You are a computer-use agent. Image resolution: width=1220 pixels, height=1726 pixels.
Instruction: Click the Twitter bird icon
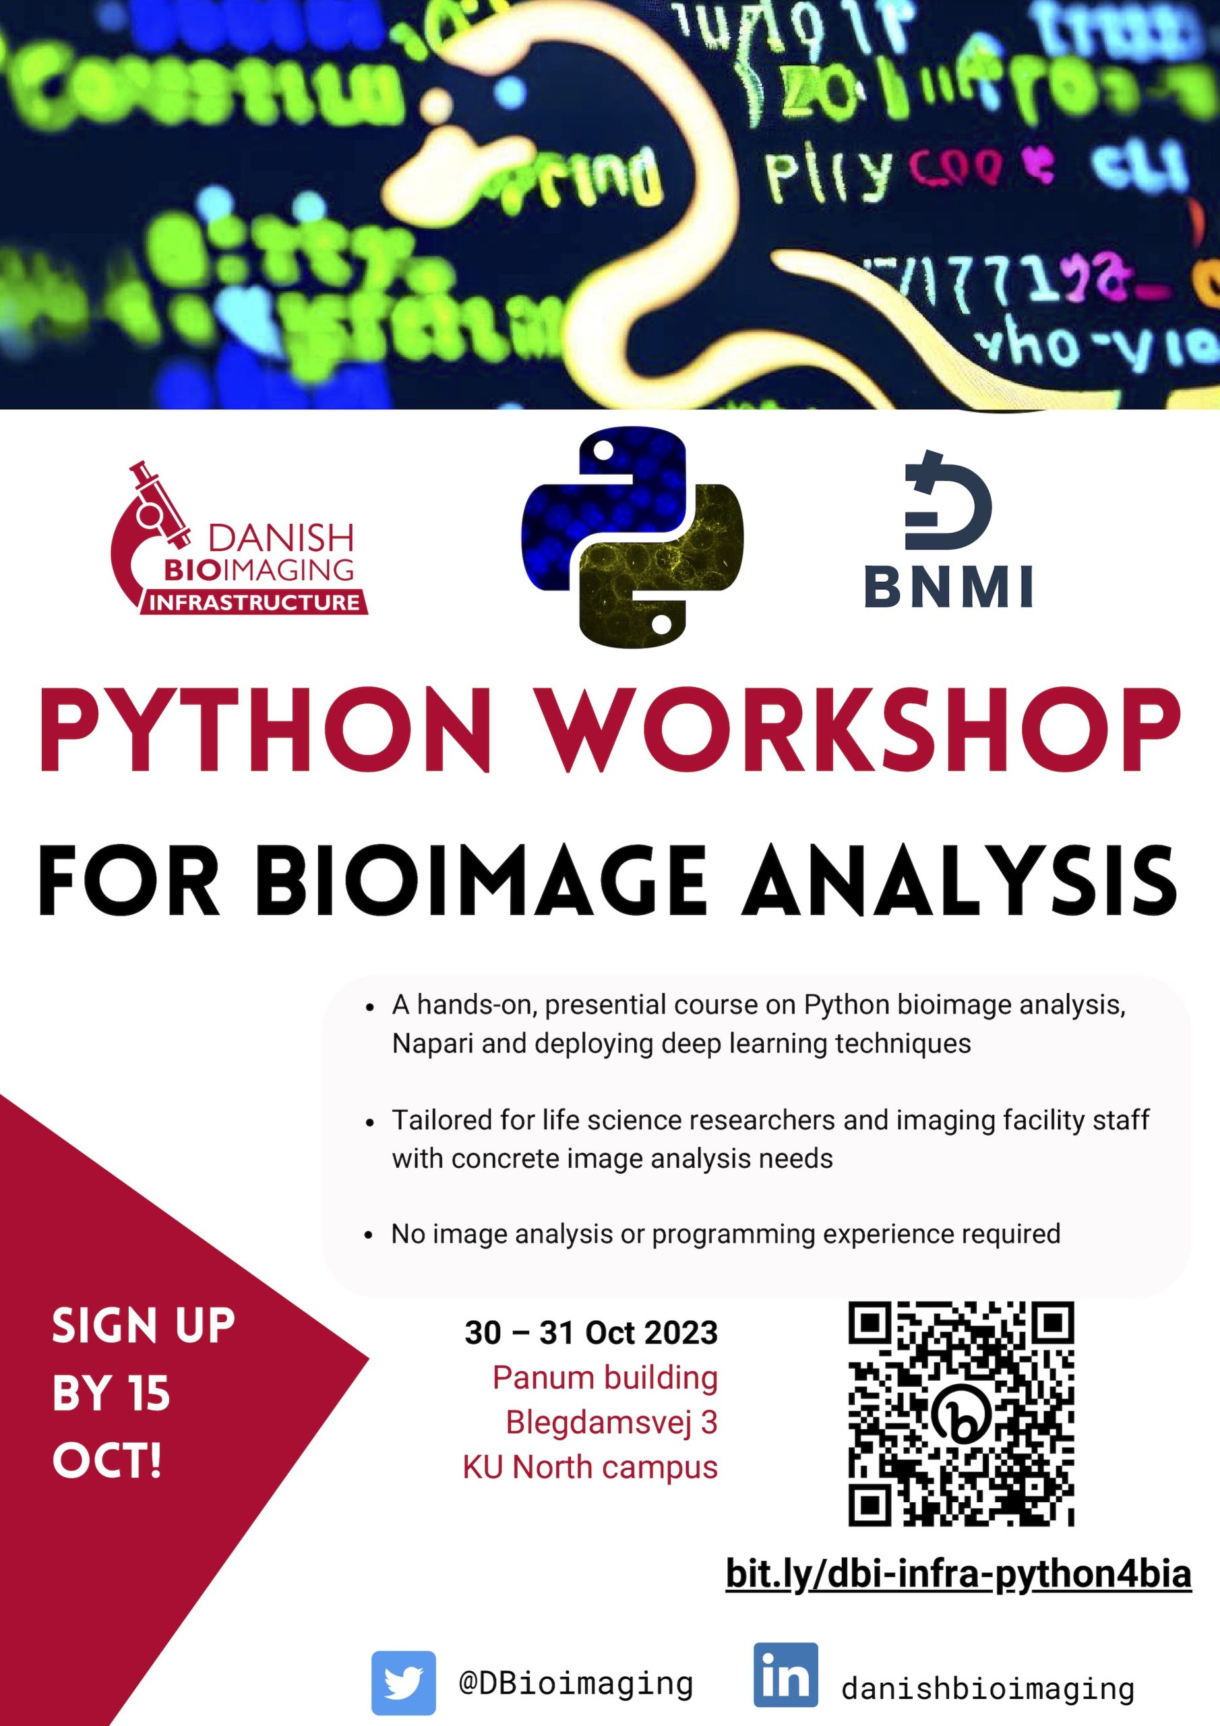[x=404, y=1682]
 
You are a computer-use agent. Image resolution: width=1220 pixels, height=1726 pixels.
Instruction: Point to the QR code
[x=961, y=1412]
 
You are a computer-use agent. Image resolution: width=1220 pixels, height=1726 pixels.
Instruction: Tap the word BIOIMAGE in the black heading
[x=485, y=881]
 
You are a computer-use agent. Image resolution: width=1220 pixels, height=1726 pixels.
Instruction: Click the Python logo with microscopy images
[x=632, y=537]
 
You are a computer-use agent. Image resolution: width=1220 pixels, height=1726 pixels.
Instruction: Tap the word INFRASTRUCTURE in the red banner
[x=254, y=602]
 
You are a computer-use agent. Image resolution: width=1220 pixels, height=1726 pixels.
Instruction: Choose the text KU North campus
[x=590, y=1466]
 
